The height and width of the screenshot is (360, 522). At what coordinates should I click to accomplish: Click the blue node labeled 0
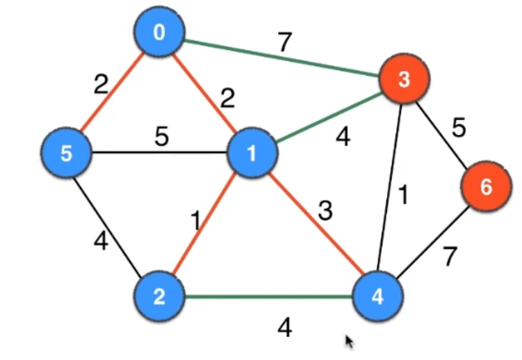pos(160,33)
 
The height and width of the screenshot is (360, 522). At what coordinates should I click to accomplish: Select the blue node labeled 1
pos(252,153)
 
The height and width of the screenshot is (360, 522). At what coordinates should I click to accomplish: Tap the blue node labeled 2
pos(159,297)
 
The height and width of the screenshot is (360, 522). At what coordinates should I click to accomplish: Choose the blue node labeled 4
pos(377,297)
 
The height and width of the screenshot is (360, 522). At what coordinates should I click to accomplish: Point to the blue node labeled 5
pos(66,153)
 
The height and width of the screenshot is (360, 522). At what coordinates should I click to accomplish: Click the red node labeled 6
pos(485,188)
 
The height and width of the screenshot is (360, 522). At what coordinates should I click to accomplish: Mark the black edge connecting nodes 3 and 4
pos(391,188)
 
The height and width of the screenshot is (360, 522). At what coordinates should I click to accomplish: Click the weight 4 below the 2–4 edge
pos(284,327)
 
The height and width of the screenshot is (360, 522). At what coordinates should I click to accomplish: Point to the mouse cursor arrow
pos(350,341)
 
